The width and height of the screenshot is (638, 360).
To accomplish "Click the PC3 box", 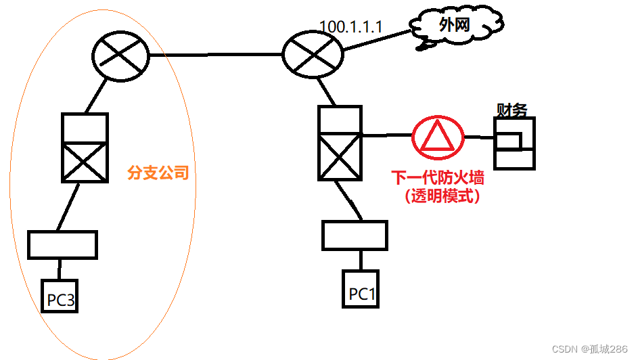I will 60,296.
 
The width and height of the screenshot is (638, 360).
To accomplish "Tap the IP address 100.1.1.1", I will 351,26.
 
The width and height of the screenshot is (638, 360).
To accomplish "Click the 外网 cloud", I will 453,28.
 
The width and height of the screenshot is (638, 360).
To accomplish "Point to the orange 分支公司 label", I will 158,173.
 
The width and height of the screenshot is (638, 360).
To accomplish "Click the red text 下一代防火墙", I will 438,179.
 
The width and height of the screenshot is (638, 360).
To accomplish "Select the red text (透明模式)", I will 438,196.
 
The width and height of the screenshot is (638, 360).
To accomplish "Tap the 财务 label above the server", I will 511,110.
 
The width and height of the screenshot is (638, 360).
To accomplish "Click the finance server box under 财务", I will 514,143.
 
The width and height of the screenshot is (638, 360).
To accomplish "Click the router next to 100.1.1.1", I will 313,55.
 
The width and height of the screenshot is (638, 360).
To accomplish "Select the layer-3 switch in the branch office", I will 85,148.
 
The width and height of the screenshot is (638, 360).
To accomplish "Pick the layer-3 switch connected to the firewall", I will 340,142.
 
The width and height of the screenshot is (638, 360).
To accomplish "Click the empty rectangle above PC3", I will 62,244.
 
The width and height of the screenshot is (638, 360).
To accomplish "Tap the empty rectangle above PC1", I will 355,235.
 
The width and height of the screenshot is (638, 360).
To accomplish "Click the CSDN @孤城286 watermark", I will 589,349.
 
